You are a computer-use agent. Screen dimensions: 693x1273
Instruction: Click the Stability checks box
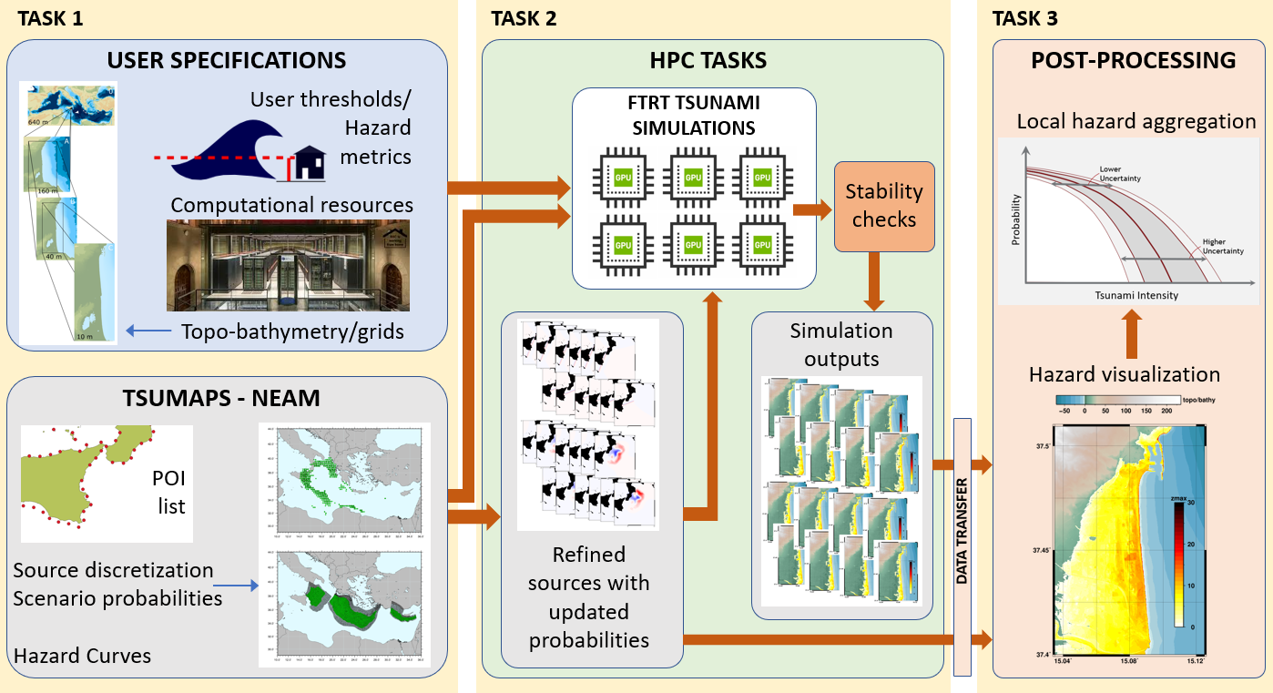tap(884, 206)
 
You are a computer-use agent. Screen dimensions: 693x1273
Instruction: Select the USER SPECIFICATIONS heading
tap(227, 61)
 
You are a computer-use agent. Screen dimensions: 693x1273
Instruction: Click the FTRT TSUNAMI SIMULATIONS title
tap(693, 114)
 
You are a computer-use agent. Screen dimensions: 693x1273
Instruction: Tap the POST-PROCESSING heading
tap(1133, 61)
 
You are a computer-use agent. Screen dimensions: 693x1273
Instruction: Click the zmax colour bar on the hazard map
tap(1178, 566)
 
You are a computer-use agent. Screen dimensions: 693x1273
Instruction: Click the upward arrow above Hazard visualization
tap(1131, 334)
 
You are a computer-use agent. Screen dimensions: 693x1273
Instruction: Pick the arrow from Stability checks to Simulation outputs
tap(878, 282)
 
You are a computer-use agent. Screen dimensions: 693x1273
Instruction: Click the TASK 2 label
tap(524, 18)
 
